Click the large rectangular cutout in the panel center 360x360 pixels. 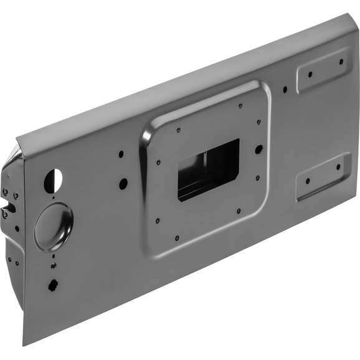click(208, 169)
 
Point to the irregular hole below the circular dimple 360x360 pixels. click(52, 287)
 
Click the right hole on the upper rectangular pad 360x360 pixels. click(341, 62)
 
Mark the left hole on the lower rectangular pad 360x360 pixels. click(308, 181)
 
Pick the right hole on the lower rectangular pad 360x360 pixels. click(338, 167)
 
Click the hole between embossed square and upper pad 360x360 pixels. click(285, 89)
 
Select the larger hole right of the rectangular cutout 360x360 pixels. click(258, 149)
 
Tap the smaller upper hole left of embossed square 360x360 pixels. click(121, 153)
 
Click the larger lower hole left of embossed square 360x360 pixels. click(123, 183)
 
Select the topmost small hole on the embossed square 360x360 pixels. click(239, 105)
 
